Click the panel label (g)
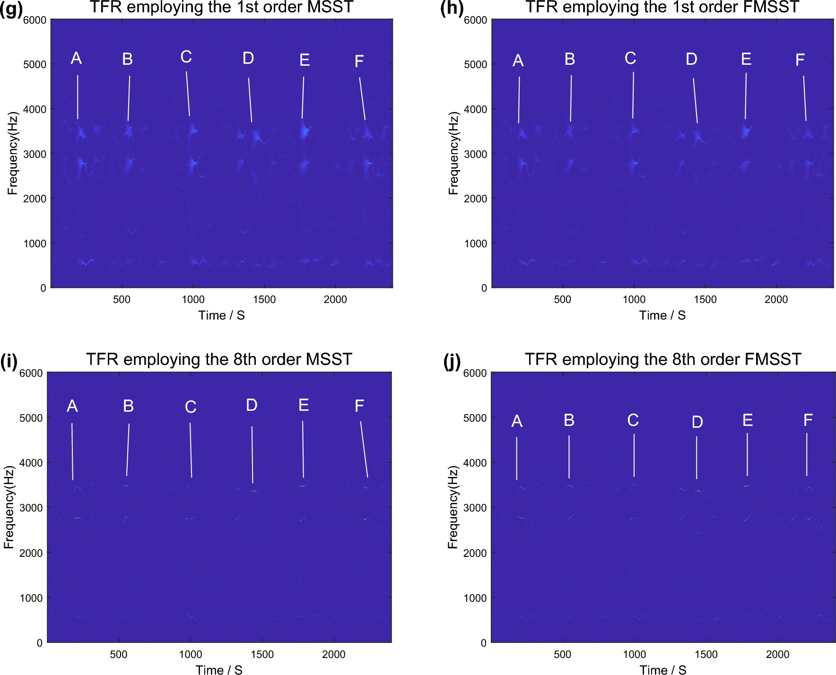(11, 9)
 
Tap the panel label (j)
(452, 362)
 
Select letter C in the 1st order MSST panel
(186, 57)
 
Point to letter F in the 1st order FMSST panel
(800, 60)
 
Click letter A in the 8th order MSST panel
(72, 406)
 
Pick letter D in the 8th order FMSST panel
(697, 422)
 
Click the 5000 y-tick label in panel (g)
(35, 64)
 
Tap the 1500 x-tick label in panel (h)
(705, 300)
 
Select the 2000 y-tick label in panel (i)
(31, 553)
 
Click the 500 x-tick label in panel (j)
(562, 655)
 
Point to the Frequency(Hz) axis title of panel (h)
(453, 153)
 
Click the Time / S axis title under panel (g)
(221, 316)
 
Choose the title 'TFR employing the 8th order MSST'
(219, 359)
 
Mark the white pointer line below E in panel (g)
(303, 97)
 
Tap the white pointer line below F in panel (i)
(364, 449)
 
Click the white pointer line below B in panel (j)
(569, 457)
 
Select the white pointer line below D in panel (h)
(695, 101)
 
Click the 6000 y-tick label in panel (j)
(475, 373)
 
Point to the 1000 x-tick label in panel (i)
(191, 655)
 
